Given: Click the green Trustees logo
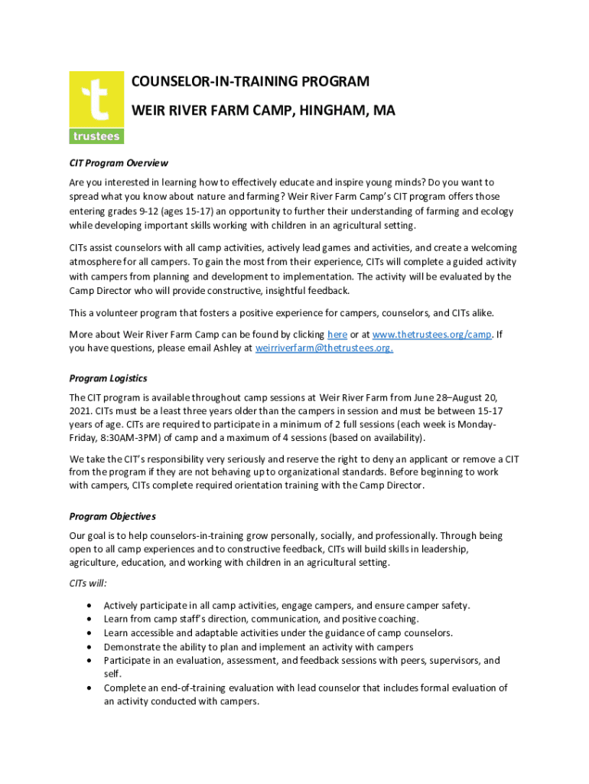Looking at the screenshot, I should [96, 107].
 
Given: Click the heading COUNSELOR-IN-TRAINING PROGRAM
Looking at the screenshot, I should [250, 82].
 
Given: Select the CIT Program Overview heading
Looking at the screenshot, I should [119, 163].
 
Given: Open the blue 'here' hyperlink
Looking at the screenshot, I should [337, 335].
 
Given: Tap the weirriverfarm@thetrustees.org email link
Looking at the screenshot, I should [324, 348].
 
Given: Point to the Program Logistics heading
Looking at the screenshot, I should [108, 378].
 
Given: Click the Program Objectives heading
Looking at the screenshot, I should [112, 516].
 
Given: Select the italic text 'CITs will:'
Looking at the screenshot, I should [88, 583].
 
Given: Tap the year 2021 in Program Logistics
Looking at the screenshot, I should [80, 410].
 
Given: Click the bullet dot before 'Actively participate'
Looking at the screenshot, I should [92, 606].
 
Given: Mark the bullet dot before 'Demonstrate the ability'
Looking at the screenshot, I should [92, 647].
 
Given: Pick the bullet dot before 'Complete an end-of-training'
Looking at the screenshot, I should [92, 688].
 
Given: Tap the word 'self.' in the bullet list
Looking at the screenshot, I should [112, 674].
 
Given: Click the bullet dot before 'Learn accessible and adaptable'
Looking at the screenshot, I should [92, 633].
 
